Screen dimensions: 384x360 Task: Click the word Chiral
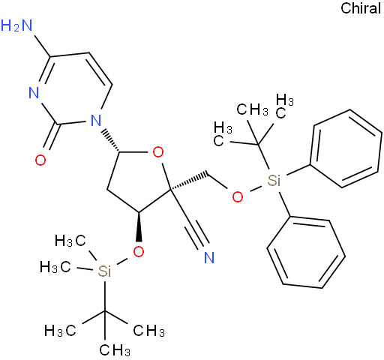(x=361, y=8)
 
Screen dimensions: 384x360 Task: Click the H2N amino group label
(x=16, y=25)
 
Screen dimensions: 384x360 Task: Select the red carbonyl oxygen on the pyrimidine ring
(x=40, y=160)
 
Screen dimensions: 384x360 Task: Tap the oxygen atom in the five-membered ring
(x=158, y=152)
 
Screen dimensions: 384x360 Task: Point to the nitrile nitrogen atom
(x=209, y=257)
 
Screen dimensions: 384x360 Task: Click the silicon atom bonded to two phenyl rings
(x=274, y=181)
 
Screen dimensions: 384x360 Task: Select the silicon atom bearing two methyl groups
(x=104, y=271)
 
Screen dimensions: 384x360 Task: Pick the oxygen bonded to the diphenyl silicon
(x=238, y=197)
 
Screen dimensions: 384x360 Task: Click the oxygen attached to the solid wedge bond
(x=139, y=252)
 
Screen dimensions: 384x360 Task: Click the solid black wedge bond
(x=139, y=226)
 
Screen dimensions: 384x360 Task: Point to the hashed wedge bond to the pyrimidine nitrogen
(x=112, y=141)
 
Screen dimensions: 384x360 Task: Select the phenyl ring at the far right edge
(x=346, y=148)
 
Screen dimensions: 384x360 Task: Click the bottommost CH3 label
(x=115, y=349)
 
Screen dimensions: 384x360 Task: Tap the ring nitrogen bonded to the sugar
(x=95, y=121)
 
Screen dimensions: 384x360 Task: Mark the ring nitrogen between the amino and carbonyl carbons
(x=34, y=92)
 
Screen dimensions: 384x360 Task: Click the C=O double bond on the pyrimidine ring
(x=50, y=136)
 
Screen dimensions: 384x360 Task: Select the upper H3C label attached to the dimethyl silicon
(x=70, y=241)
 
